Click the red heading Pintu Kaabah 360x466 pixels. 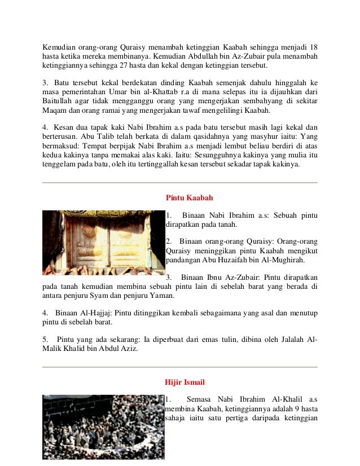pos(188,198)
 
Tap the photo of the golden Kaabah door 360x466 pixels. pos(103,243)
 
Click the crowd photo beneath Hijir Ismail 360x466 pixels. pos(103,427)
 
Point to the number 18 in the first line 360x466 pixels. pos(313,46)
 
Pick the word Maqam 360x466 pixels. pos(55,113)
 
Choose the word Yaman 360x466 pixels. pos(163,296)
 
